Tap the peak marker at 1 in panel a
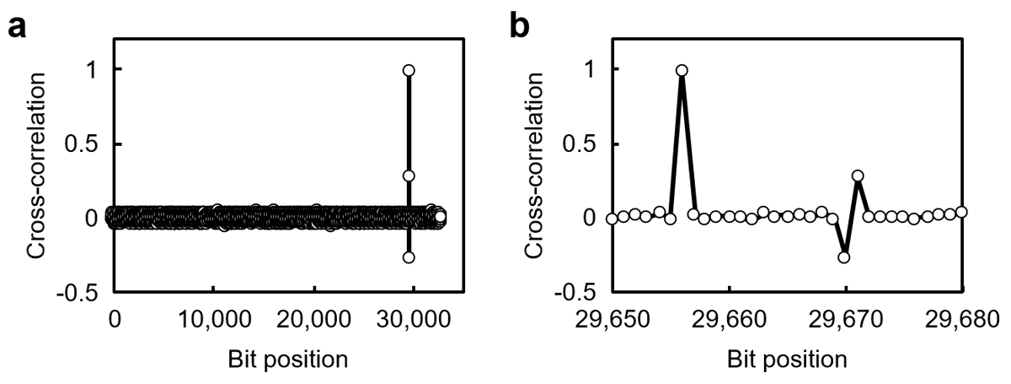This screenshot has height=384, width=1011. [409, 70]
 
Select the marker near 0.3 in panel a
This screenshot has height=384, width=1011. [409, 176]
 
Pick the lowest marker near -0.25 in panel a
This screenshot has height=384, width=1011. [409, 257]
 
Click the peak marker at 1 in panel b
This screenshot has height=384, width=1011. [682, 70]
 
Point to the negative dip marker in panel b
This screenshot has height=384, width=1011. [844, 257]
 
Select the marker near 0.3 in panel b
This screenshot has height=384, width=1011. [858, 176]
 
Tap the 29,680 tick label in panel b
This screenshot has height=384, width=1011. [961, 322]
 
